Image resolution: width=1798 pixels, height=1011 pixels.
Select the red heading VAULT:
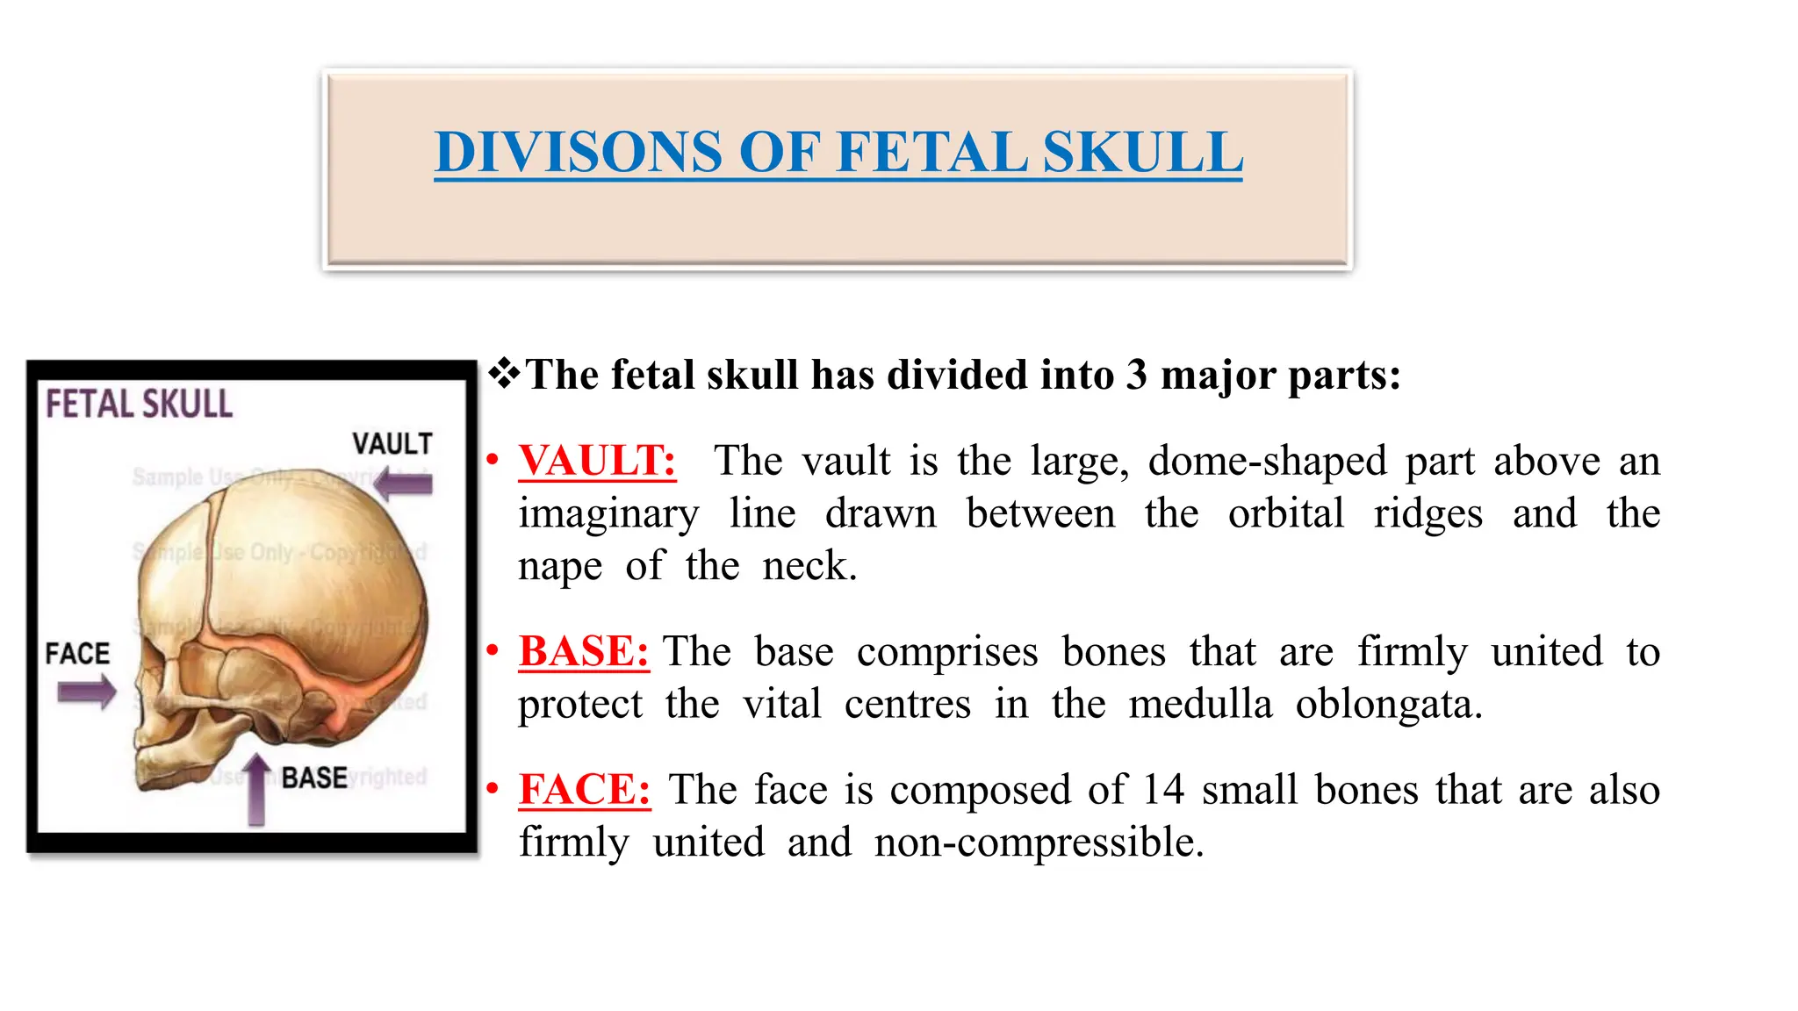[x=597, y=461]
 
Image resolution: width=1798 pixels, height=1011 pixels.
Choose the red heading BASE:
[x=584, y=651]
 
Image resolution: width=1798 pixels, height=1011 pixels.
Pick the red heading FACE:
[x=585, y=789]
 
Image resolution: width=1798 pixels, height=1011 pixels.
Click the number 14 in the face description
[x=1163, y=789]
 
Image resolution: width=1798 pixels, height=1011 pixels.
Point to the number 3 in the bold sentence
[x=1137, y=375]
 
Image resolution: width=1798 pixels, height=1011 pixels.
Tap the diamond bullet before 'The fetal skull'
[x=505, y=374]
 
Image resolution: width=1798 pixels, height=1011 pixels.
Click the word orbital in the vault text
[x=1285, y=513]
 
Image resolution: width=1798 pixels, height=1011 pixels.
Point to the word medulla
[x=1200, y=704]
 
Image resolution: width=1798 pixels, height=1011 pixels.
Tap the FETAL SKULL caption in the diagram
[x=140, y=405]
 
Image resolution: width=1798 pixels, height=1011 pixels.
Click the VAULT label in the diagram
[x=392, y=444]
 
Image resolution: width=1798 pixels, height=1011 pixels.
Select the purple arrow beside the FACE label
[x=86, y=692]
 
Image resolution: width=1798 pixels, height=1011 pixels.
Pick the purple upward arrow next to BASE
[x=256, y=789]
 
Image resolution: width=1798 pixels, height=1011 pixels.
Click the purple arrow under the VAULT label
[x=404, y=484]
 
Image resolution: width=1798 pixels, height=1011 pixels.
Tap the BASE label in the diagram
[x=314, y=778]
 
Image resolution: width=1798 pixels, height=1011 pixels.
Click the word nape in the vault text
[x=560, y=566]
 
